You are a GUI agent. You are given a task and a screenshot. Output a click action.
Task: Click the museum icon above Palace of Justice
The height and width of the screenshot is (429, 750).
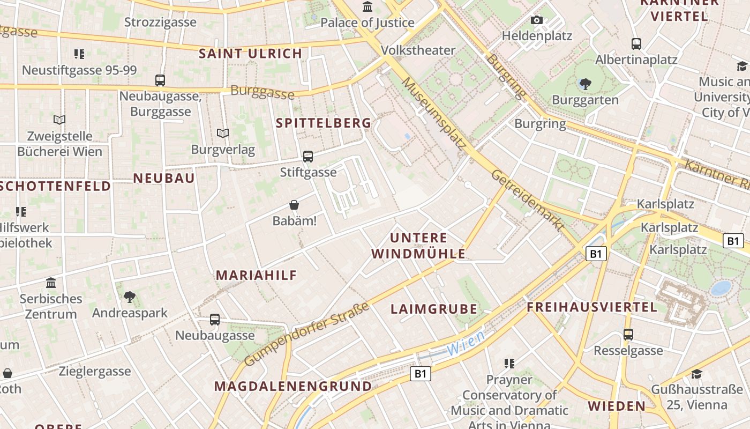click(367, 7)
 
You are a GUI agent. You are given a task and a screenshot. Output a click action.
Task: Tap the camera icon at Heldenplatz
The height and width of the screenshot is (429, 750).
click(536, 20)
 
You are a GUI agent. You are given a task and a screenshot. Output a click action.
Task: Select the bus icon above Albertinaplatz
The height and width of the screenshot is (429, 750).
click(636, 44)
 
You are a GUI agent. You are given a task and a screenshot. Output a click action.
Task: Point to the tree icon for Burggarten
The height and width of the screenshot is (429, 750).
click(585, 84)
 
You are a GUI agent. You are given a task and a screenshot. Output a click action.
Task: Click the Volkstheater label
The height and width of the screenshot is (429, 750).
click(418, 50)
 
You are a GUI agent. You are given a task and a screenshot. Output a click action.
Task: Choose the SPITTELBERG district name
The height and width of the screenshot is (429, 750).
click(324, 123)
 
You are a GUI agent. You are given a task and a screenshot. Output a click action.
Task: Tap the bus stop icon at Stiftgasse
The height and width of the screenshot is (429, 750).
click(308, 157)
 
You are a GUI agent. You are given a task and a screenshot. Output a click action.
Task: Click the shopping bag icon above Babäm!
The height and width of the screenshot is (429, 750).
click(294, 205)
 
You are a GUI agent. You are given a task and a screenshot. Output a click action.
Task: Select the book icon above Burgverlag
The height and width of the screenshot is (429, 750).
click(223, 133)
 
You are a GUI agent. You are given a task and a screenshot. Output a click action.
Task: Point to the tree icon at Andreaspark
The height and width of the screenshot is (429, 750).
click(129, 297)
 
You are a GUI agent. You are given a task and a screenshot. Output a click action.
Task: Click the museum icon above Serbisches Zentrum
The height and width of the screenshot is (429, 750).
click(51, 283)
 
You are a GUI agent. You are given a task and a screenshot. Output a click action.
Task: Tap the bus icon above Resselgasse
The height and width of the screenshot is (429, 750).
click(628, 335)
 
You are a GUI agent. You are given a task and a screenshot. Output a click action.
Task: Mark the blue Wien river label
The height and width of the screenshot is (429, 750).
click(466, 343)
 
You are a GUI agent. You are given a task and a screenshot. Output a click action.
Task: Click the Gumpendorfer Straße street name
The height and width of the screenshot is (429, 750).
click(307, 334)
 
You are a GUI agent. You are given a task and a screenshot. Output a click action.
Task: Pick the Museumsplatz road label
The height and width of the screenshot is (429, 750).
click(434, 113)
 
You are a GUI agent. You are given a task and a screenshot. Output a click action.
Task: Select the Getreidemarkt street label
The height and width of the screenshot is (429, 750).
click(528, 201)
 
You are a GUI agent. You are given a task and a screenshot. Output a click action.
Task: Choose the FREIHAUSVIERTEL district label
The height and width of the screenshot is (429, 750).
click(591, 307)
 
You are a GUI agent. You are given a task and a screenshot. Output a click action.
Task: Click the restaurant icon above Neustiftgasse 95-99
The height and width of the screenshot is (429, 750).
click(79, 54)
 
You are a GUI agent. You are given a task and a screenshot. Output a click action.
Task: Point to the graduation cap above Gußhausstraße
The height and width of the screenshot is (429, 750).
click(696, 374)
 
